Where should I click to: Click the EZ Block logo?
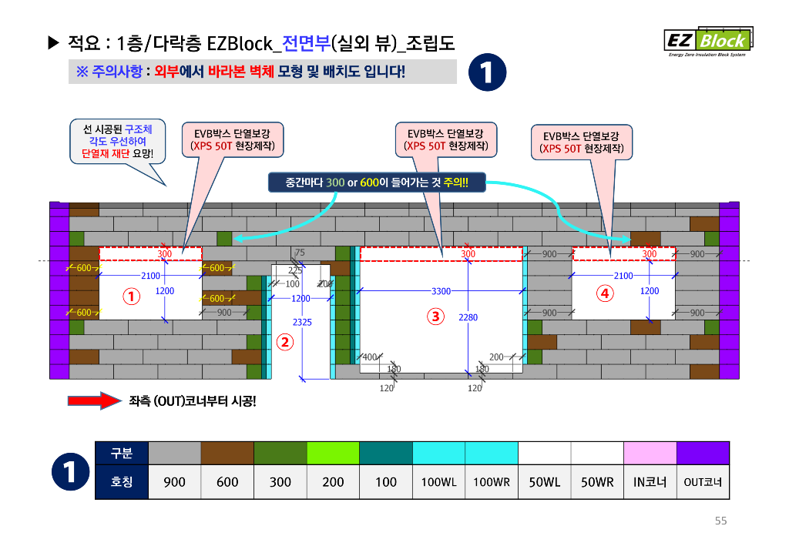(x=708, y=42)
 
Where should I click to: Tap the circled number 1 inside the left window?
(x=132, y=296)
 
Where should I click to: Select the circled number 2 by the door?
(x=284, y=343)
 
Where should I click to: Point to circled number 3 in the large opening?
(x=436, y=316)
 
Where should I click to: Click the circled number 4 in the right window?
(x=605, y=293)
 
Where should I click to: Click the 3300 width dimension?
(x=441, y=292)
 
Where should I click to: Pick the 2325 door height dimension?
(x=302, y=323)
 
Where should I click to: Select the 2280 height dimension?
(x=468, y=317)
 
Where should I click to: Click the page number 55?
(x=720, y=521)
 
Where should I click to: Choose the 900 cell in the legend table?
(x=174, y=482)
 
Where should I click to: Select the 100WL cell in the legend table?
(x=438, y=482)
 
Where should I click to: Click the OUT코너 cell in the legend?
(x=703, y=482)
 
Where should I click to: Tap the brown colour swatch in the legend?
(x=227, y=453)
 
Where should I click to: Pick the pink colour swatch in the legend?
(x=650, y=453)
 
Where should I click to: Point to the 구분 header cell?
(x=122, y=453)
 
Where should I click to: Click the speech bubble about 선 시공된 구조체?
(x=118, y=142)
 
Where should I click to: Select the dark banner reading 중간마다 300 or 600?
(x=377, y=183)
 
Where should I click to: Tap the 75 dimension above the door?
(x=300, y=253)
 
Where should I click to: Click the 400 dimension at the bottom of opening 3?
(x=371, y=357)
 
